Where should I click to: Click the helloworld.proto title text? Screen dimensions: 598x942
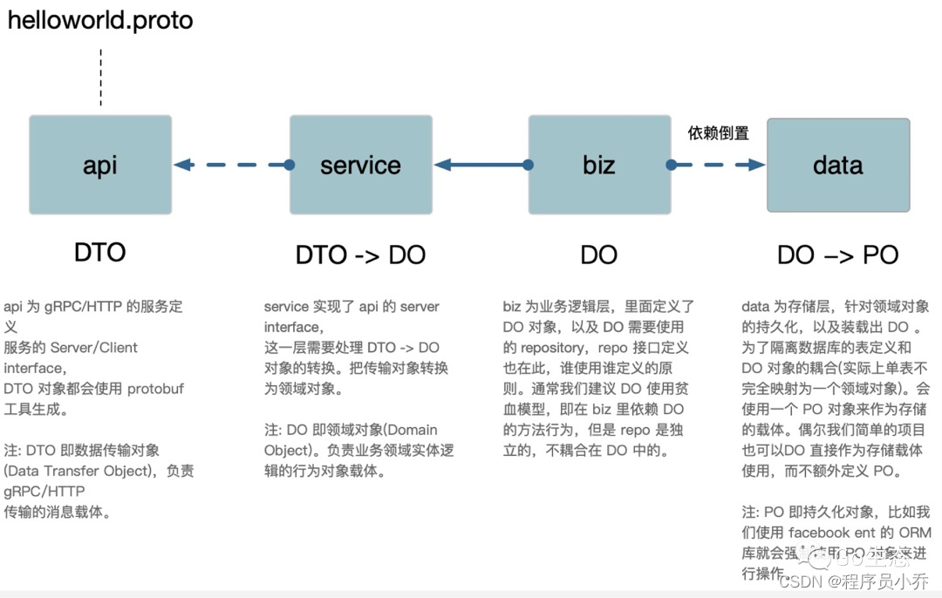point(100,20)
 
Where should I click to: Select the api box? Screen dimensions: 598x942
point(100,165)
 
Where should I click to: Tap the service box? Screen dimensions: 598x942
point(360,165)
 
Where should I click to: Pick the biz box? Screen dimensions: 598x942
point(599,165)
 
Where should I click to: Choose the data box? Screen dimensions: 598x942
point(838,165)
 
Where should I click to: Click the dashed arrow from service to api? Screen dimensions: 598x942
point(231,165)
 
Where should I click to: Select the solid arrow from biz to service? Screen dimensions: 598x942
point(481,165)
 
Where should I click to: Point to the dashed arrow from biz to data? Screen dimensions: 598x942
point(718,165)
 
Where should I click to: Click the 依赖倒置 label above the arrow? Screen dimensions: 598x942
point(718,133)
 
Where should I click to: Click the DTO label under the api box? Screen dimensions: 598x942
point(100,253)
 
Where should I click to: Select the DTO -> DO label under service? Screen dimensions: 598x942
point(360,255)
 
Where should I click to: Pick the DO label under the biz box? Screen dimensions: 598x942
point(599,255)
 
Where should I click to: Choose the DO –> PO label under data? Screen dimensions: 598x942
point(838,255)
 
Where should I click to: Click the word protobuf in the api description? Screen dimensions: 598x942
point(155,389)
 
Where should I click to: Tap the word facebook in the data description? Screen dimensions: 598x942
point(818,533)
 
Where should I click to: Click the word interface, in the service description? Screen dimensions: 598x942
point(292,327)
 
